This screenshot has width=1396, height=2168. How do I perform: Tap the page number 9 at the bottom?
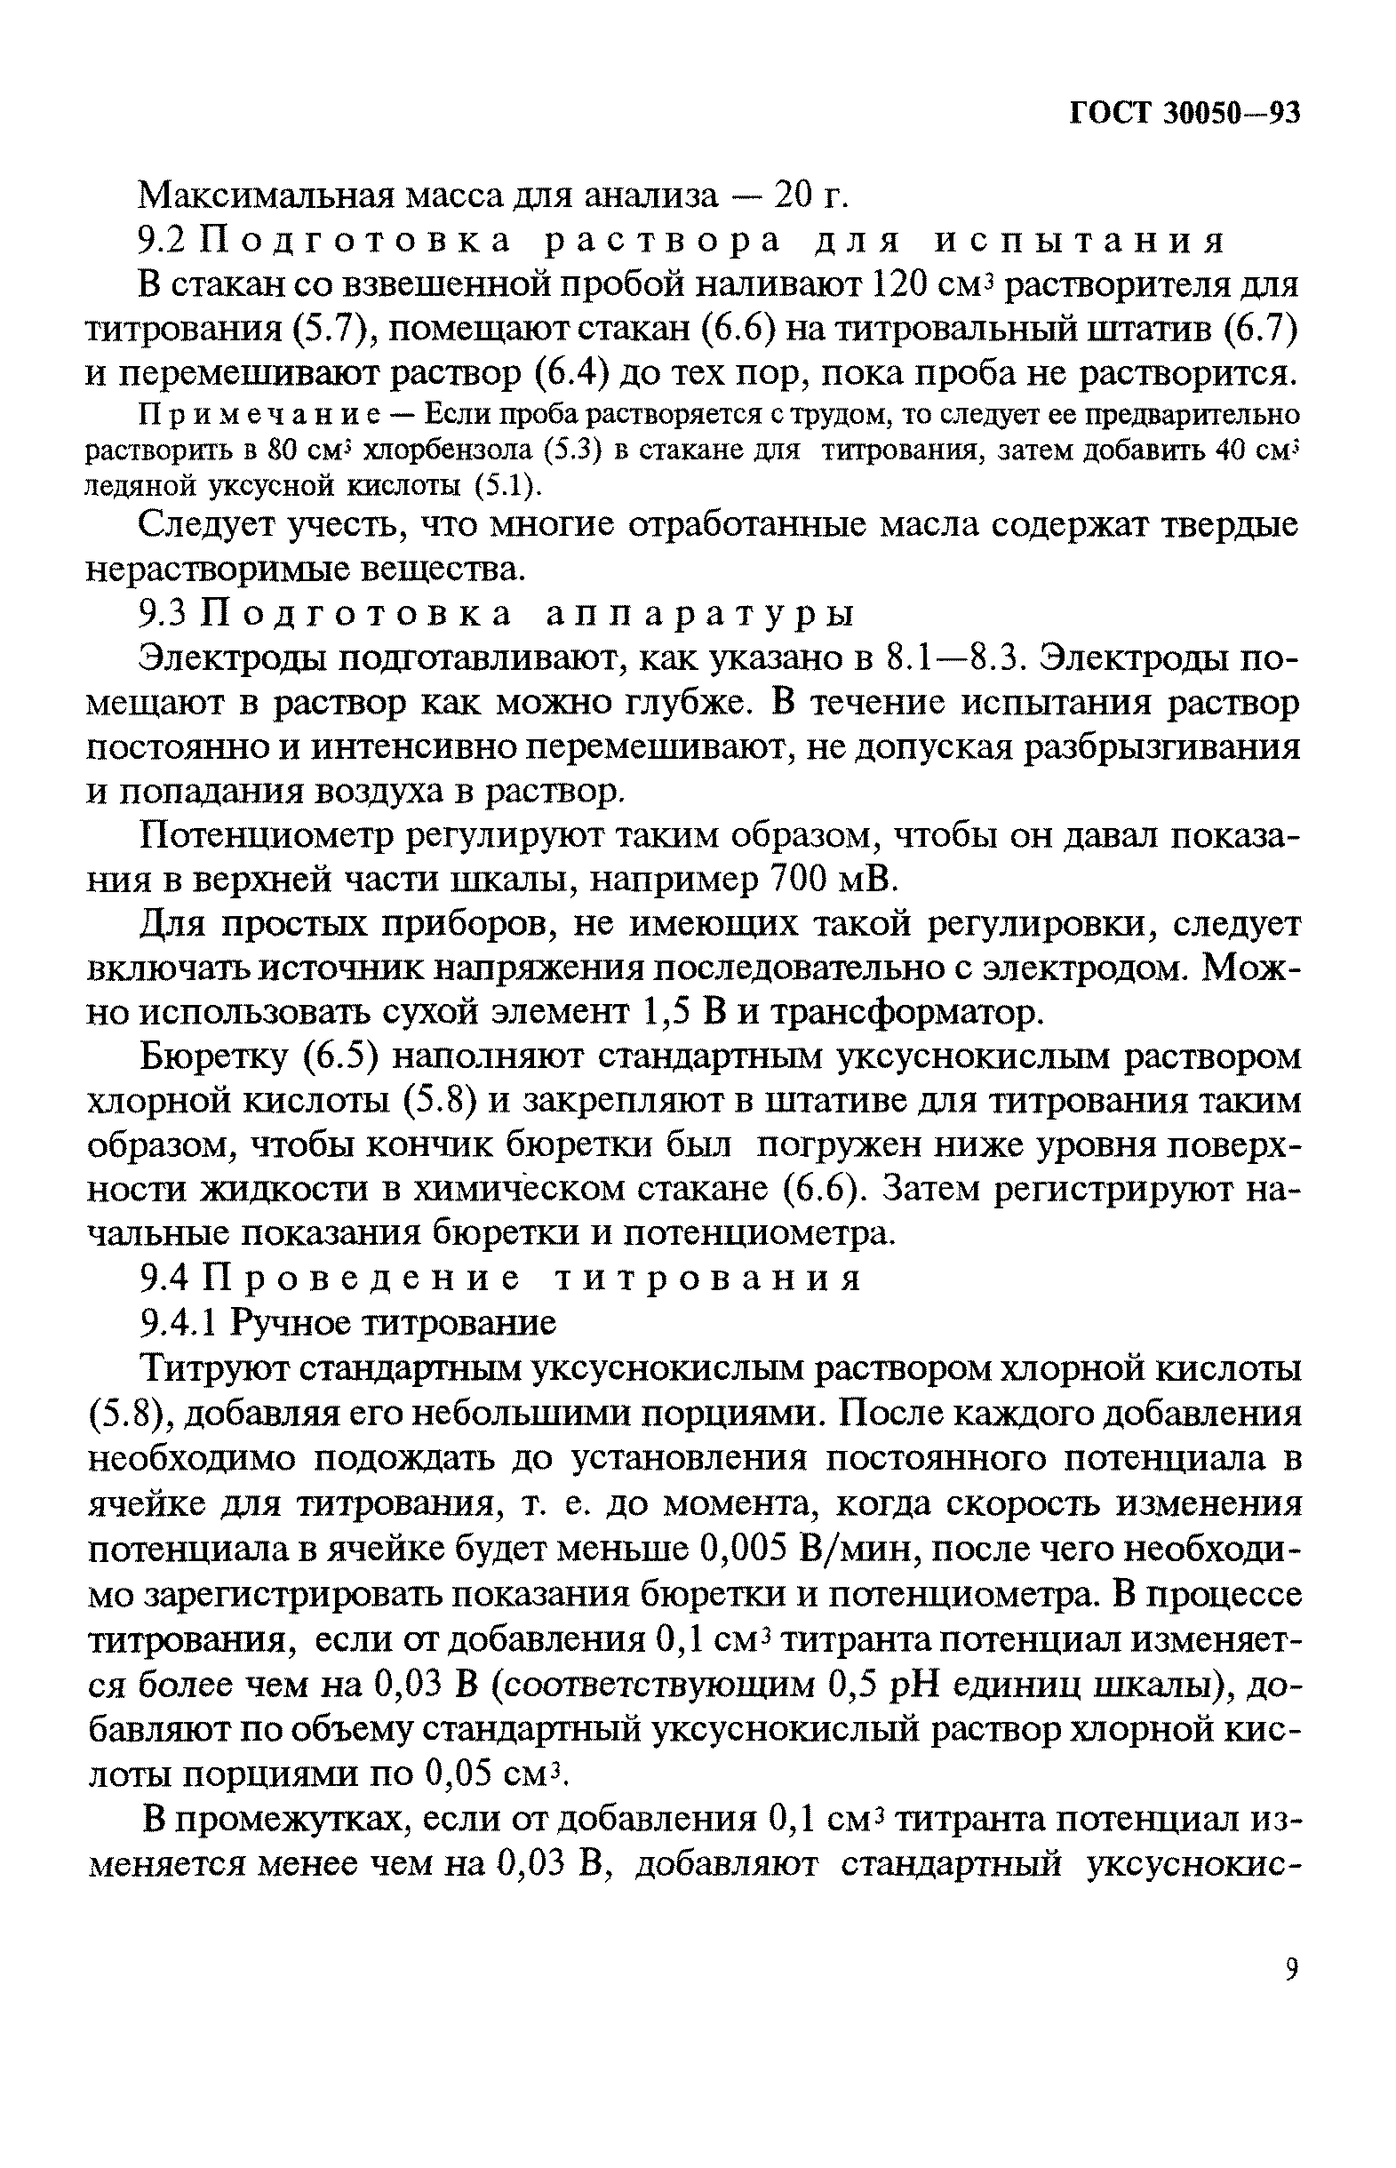tap(1292, 1969)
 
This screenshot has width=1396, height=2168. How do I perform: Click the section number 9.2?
tap(163, 240)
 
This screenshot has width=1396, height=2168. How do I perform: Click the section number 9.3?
tap(163, 615)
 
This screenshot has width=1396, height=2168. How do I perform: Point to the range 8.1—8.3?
tap(952, 659)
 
